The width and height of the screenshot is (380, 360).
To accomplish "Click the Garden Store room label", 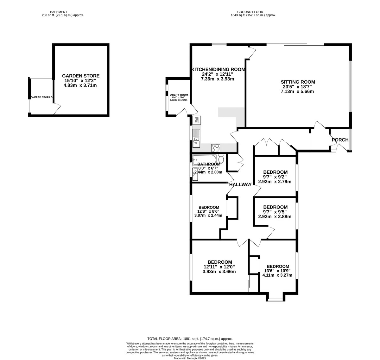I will coord(80,76).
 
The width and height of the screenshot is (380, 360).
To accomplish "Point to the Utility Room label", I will coord(179,95).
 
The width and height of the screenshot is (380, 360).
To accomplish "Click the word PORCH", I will coord(340,140).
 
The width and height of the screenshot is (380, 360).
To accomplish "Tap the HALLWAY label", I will coord(240,184).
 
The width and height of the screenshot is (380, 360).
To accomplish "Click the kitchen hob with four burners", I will coord(216,148).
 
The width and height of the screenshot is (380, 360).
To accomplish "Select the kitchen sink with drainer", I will coord(196,138).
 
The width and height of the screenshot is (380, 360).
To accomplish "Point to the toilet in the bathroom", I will coord(221,159).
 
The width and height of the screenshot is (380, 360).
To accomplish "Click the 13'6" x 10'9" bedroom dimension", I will coord(277,271).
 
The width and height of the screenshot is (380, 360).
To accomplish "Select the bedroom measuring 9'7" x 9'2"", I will coord(275,177).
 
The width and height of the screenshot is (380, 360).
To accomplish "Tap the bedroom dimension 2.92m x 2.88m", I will coord(275,217).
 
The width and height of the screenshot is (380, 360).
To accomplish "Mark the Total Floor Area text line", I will coord(190,338).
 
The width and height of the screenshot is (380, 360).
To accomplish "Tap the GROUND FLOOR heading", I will coord(253,12).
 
